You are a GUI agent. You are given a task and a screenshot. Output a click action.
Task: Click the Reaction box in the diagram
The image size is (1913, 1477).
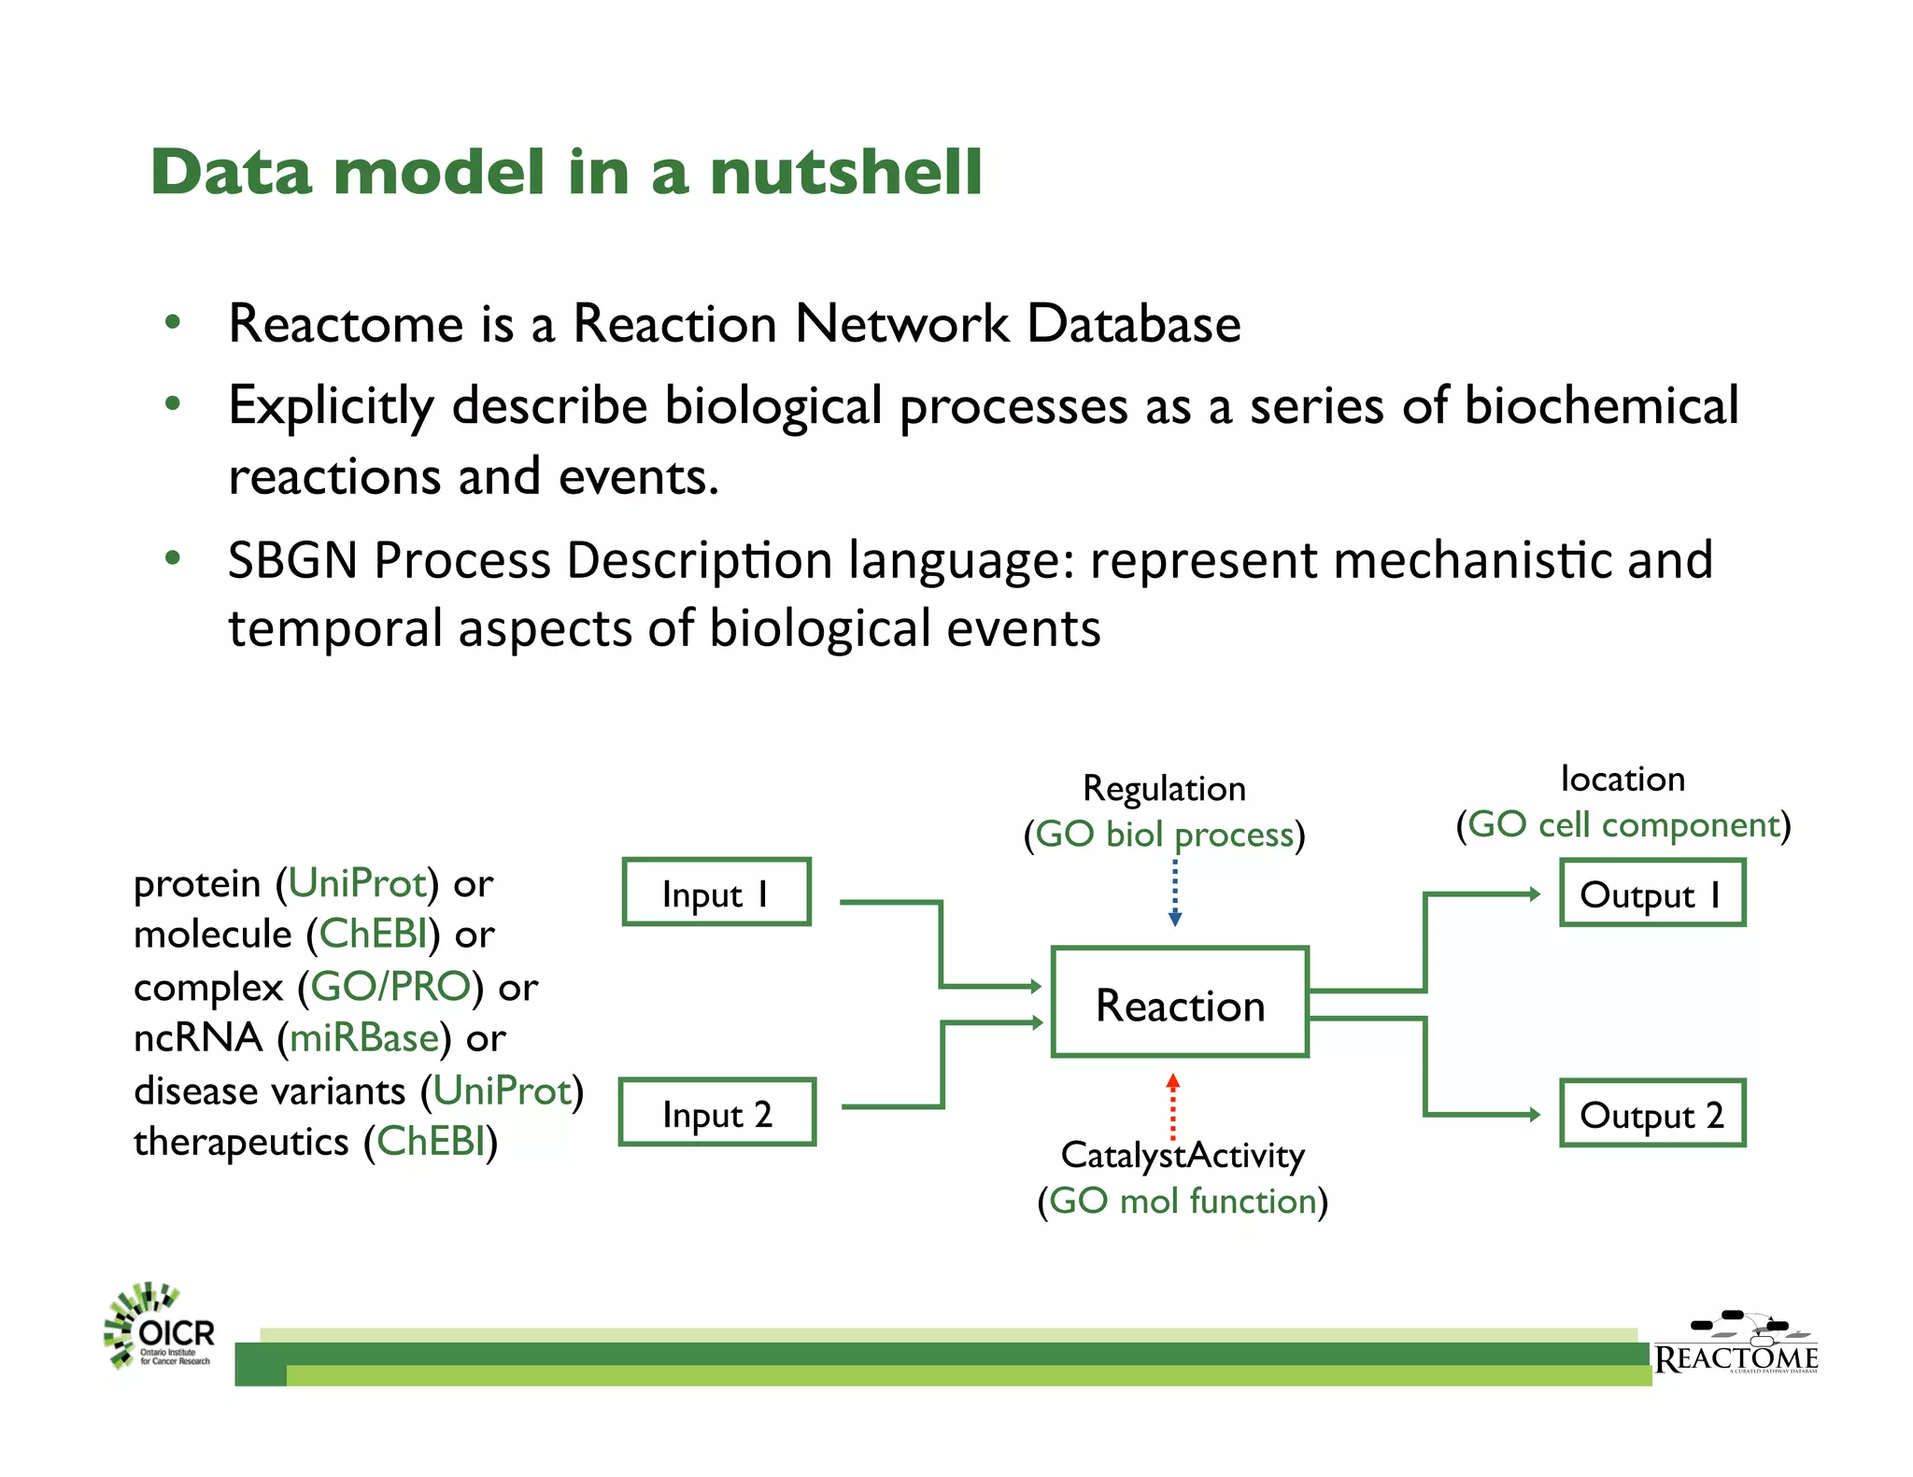[x=1180, y=1003]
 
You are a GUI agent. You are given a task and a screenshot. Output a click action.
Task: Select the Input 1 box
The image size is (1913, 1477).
[x=716, y=893]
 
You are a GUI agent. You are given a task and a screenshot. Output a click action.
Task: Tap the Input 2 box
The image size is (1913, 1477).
[x=716, y=1112]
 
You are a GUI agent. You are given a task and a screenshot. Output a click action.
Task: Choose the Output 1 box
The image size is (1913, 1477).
[x=1651, y=893]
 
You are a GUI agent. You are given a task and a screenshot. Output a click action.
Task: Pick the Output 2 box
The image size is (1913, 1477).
[x=1651, y=1114]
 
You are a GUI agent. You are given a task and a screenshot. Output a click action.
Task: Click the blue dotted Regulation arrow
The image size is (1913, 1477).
[x=1175, y=892]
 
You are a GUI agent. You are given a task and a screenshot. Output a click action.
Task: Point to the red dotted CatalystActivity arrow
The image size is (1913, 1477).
[x=1173, y=1107]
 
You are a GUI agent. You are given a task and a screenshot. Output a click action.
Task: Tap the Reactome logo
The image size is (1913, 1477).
[x=1736, y=1345]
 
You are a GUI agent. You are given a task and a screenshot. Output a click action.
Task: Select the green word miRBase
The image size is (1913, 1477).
[x=364, y=1038]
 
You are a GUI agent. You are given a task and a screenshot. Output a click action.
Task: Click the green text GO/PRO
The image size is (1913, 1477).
[x=390, y=987]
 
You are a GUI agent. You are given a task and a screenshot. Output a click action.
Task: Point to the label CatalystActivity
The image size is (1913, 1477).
[x=1183, y=1156]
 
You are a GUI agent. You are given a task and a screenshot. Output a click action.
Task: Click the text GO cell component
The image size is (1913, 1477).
[x=1623, y=824]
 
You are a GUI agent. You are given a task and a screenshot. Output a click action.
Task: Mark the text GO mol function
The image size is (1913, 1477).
[x=1183, y=1201]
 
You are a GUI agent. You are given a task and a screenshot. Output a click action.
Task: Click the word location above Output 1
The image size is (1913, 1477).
[x=1623, y=779]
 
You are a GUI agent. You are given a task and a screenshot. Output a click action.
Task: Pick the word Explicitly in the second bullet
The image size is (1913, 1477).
[x=332, y=407]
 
